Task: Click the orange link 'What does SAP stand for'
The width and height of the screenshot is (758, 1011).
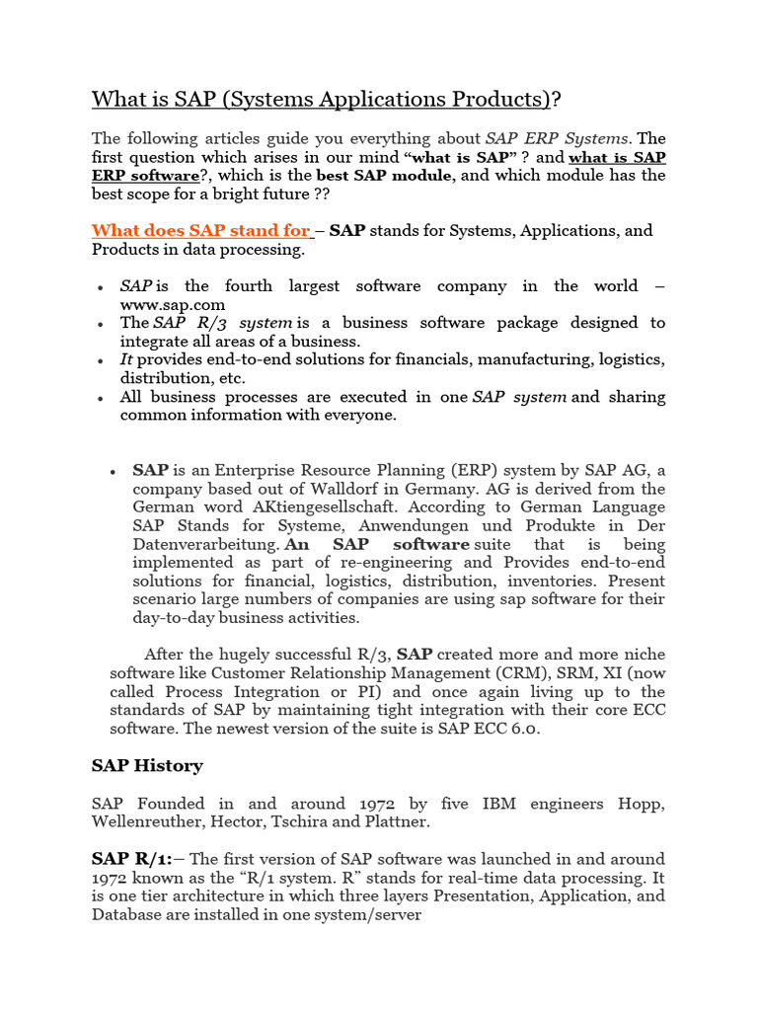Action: click(x=200, y=231)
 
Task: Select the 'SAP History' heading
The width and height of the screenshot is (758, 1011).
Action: click(x=147, y=765)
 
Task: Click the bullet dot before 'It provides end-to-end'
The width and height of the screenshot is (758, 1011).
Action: click(x=102, y=361)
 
